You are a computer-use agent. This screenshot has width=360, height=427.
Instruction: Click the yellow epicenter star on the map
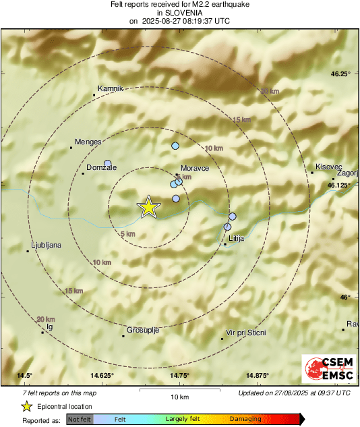pos(148,208)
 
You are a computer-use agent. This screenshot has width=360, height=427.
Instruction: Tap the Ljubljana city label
pos(47,246)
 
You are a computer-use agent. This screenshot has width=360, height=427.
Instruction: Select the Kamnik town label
pos(111,88)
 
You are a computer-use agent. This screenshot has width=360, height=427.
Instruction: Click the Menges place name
pos(89,142)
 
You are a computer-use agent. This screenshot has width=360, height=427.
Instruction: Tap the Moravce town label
pos(195,167)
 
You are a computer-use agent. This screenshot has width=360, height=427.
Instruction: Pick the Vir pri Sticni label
pos(246,333)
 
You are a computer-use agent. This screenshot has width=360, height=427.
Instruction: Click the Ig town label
pos(49,326)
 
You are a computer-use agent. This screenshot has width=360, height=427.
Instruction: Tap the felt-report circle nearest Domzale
pos(107,163)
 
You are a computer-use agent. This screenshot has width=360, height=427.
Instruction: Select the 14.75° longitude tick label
pos(179,376)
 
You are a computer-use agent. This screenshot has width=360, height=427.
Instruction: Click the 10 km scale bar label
pos(179,397)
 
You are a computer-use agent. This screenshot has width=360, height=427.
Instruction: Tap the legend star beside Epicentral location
pos(26,406)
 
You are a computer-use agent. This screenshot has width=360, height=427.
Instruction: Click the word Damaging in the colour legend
pos(245,420)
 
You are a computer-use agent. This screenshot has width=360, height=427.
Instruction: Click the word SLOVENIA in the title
pos(179,12)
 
